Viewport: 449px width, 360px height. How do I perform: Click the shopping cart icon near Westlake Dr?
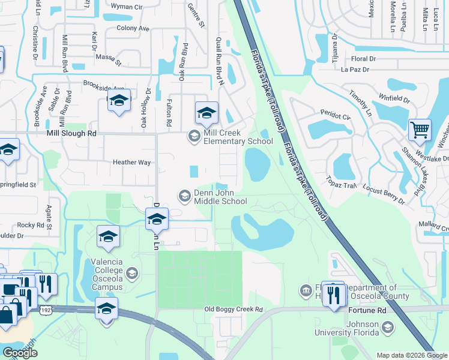[x=420, y=130]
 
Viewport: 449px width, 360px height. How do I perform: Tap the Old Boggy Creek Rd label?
[x=233, y=310]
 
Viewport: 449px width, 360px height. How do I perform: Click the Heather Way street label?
[x=131, y=162]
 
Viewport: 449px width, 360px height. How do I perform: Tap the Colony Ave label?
[x=133, y=28]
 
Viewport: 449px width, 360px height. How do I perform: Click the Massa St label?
[x=109, y=61]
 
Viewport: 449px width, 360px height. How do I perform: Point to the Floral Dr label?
[x=363, y=59]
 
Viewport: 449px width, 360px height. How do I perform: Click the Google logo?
[x=20, y=353]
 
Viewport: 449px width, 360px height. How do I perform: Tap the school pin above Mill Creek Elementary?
[x=206, y=112]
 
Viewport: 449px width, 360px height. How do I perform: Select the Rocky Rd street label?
[x=31, y=225]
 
